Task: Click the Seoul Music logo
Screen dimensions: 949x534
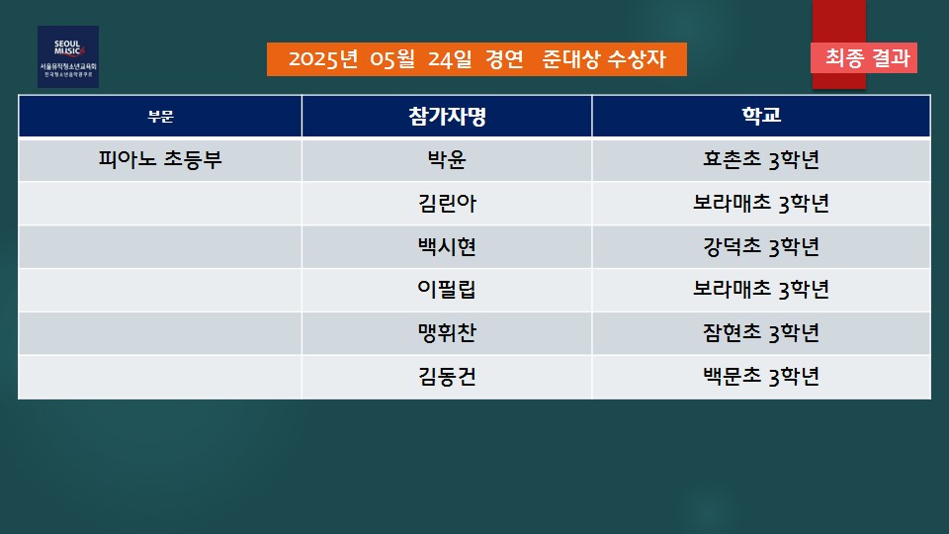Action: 68,57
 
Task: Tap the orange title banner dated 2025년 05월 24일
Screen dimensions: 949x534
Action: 476,59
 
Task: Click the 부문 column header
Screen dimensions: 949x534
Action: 160,117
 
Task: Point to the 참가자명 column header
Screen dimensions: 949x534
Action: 447,116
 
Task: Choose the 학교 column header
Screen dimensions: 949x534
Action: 761,115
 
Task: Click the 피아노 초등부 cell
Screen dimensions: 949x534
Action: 160,160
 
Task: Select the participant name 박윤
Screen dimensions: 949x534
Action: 447,160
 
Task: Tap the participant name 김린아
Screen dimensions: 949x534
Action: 447,203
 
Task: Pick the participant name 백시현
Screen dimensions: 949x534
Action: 447,246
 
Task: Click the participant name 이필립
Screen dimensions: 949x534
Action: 447,290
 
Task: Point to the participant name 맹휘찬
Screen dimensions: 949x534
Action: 447,333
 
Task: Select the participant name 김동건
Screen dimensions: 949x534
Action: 447,377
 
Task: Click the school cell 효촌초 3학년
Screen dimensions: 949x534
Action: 761,160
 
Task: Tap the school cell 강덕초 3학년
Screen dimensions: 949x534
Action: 761,246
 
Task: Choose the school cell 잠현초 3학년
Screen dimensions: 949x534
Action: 761,333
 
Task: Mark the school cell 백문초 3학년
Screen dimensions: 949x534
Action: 761,377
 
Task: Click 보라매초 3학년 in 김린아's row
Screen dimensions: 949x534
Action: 761,203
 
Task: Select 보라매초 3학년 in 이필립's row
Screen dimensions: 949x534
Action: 761,290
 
